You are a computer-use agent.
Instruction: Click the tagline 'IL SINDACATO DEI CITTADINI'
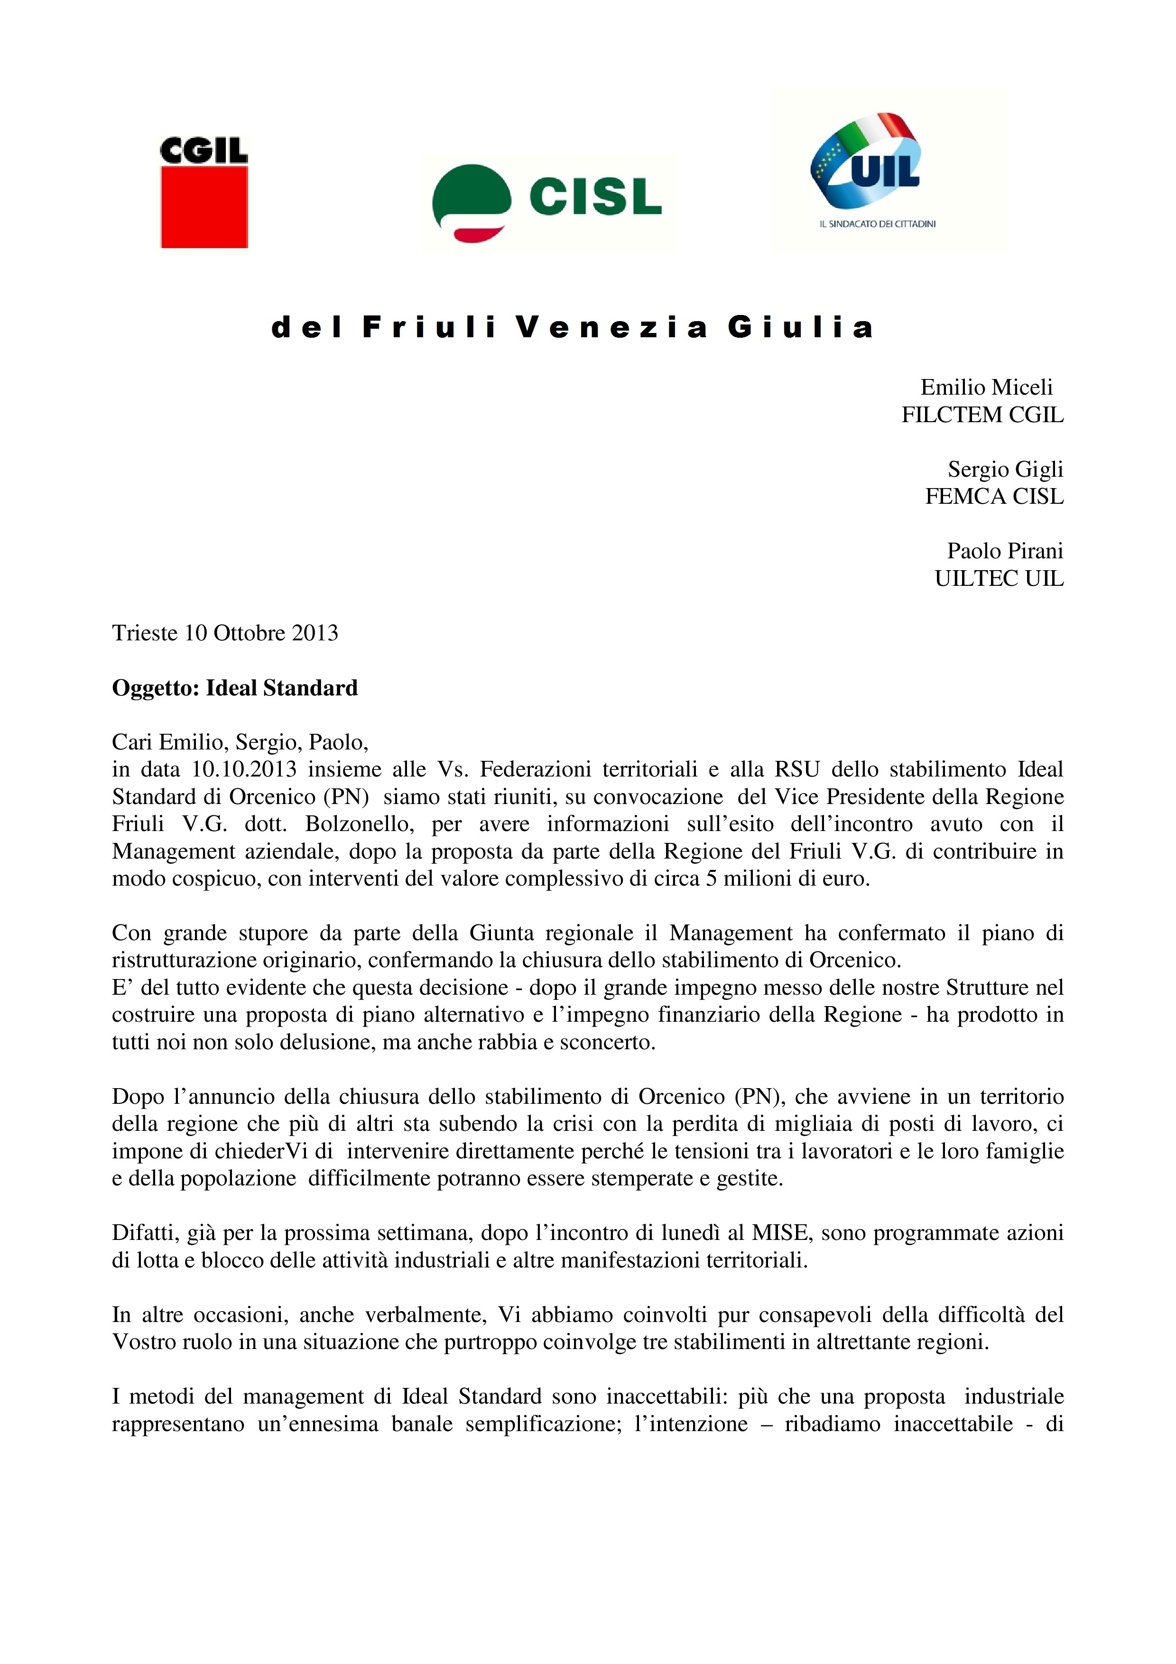(877, 224)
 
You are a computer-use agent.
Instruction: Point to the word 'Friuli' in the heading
(429, 328)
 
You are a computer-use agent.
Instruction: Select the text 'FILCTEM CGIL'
(982, 415)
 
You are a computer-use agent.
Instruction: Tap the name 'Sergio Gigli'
(1005, 469)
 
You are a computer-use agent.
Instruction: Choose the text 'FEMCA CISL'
(994, 497)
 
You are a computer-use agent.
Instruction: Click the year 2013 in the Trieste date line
(315, 633)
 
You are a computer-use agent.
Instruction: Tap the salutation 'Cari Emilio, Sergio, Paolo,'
(241, 742)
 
